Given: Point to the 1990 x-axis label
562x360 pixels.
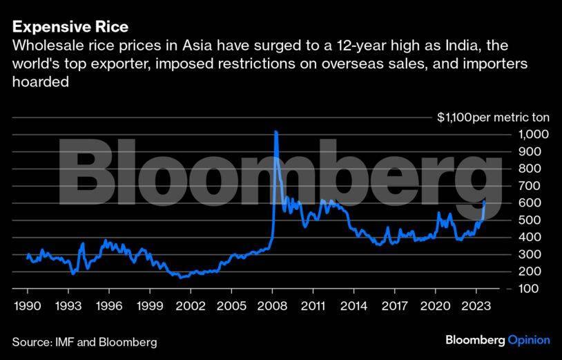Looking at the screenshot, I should [28, 305].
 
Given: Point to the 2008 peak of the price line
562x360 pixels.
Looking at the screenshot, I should [276, 131].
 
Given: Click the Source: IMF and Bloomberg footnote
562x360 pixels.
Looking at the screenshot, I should [84, 341].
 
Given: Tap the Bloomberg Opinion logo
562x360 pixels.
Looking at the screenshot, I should [497, 340].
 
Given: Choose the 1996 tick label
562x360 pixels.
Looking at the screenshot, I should [110, 305].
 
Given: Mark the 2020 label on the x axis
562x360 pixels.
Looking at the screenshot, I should [436, 305].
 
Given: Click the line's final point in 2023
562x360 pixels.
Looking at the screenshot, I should [485, 201].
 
